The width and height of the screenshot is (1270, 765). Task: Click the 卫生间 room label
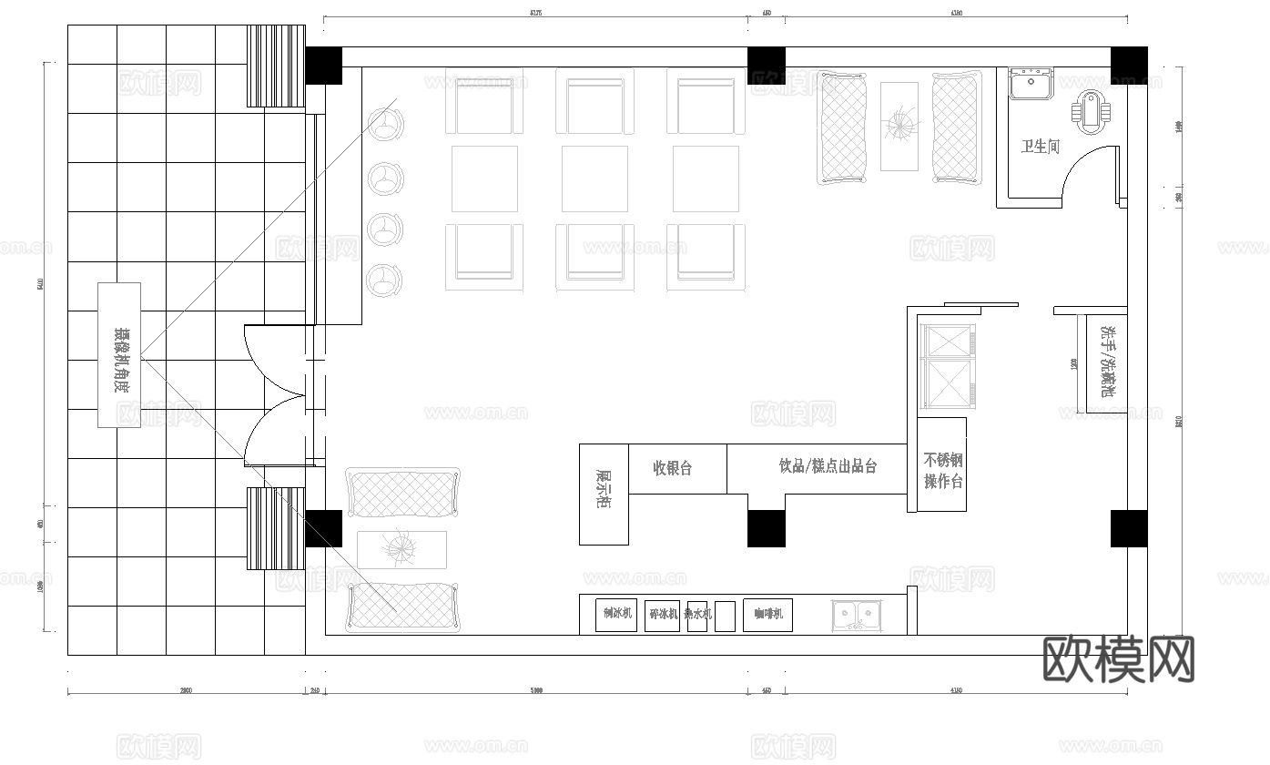point(1040,146)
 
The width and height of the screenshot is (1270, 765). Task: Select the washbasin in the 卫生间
point(1031,84)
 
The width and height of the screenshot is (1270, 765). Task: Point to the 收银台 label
point(673,468)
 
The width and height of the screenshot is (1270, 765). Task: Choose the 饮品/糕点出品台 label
point(828,466)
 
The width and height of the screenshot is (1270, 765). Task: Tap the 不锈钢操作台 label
point(943,470)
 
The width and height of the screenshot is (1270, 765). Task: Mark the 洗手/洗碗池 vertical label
point(1107,362)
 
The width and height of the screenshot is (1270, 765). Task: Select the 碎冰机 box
point(662,615)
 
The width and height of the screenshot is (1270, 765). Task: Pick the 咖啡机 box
point(768,615)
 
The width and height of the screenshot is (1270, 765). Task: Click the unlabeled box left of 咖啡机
point(725,616)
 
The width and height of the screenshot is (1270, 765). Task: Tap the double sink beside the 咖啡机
point(857,615)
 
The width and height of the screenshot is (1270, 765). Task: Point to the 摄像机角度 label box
point(119,354)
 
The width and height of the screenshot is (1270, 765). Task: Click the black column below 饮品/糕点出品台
point(766,528)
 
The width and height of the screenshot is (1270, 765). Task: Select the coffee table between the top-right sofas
point(899,126)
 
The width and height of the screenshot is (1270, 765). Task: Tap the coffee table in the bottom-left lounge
point(401,549)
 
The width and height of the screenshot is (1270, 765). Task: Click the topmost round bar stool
point(387,125)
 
